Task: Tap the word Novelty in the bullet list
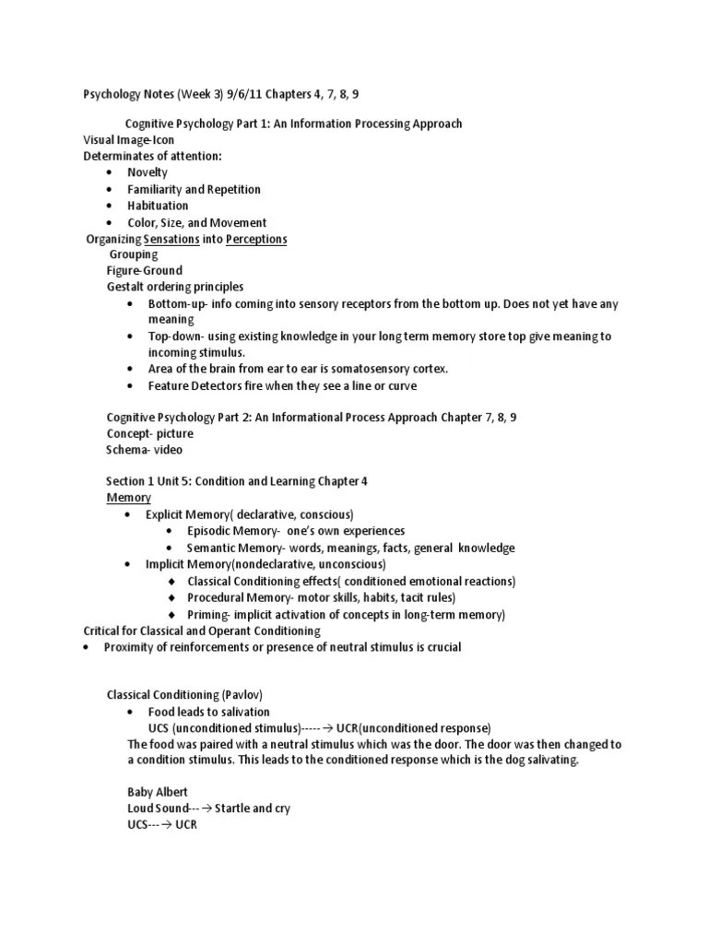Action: click(x=147, y=172)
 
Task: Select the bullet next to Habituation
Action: click(x=110, y=206)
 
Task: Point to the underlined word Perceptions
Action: click(x=256, y=239)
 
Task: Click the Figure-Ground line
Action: click(x=145, y=270)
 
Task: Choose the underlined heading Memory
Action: click(x=128, y=497)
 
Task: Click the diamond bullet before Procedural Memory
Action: click(x=172, y=598)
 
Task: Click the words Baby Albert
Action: click(x=159, y=792)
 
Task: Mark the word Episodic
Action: click(x=209, y=531)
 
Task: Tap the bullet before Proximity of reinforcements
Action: click(x=85, y=647)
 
